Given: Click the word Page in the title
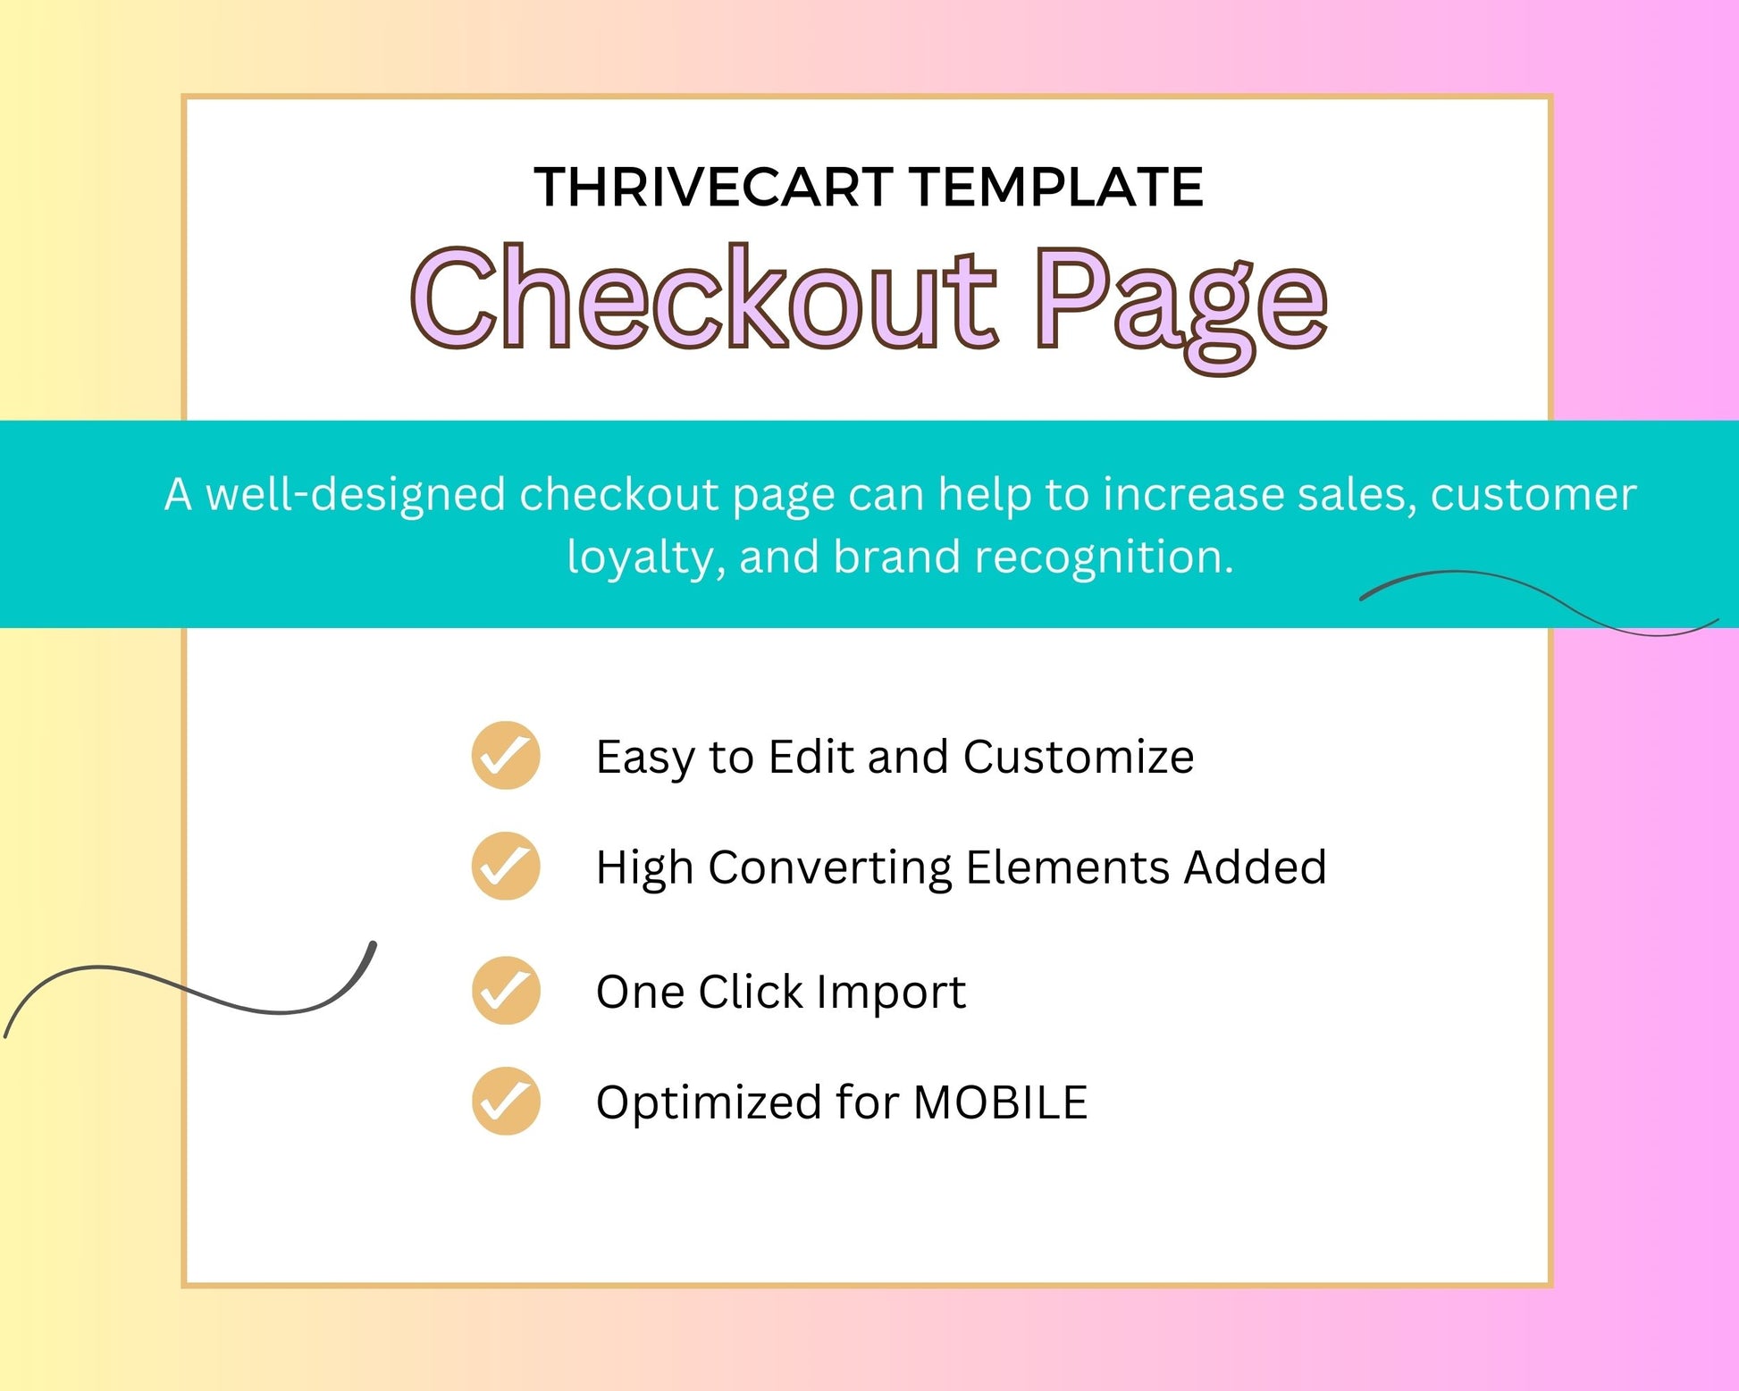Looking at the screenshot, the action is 1180,307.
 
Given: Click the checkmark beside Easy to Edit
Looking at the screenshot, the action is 506,756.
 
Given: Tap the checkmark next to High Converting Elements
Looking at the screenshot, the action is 506,866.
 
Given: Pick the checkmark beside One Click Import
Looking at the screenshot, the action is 506,990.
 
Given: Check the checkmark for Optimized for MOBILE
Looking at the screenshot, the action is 506,1101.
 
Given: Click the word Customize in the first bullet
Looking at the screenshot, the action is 1079,757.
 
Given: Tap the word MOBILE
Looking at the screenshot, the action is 1000,1102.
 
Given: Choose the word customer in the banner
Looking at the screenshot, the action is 1533,495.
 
